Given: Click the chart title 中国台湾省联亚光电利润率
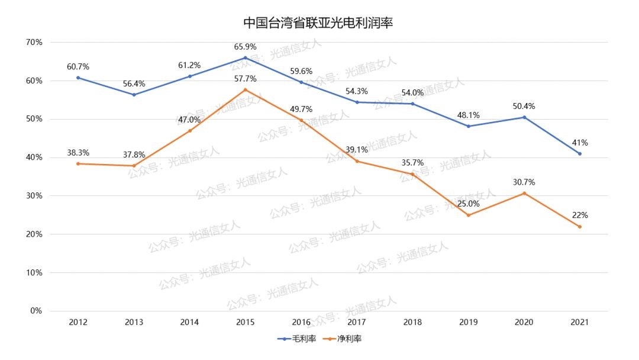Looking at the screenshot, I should [x=319, y=24].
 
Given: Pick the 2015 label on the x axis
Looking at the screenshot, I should [x=246, y=322].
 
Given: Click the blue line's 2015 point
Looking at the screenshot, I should [x=246, y=58].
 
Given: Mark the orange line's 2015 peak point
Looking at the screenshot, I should [x=246, y=89].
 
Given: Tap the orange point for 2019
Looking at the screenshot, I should [x=469, y=215].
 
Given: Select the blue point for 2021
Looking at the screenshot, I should [x=580, y=153].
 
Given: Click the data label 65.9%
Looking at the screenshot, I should [x=246, y=46].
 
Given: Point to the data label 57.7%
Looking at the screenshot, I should [x=246, y=78].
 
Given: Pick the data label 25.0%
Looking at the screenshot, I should [x=469, y=203].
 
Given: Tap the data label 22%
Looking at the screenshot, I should [x=580, y=215].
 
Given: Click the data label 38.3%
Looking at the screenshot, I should [x=78, y=152].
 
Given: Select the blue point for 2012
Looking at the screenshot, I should [x=78, y=78].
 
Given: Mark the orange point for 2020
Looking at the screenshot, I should [x=524, y=193].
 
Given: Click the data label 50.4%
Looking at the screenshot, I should [x=524, y=106].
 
